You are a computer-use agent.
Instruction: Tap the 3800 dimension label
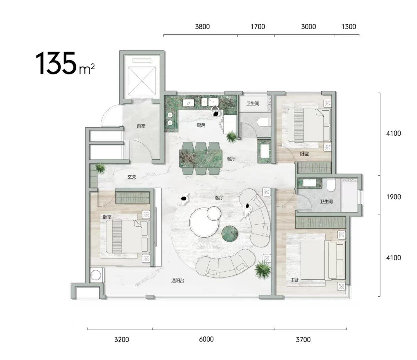pos(202,27)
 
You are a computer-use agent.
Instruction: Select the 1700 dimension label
pos(258,27)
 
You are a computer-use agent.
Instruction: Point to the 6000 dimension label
pos(206,339)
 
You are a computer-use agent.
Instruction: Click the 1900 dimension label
pos(393,197)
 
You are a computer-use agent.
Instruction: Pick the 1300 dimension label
pos(349,27)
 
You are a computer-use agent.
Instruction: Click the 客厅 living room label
pos(219,198)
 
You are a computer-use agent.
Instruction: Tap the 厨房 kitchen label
pos(201,125)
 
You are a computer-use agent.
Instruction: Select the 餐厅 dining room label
pos(231,159)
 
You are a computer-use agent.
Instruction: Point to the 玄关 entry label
pos(132,177)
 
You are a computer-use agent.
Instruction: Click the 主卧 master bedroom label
pos(295,280)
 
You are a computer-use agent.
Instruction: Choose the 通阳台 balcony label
pos(178,280)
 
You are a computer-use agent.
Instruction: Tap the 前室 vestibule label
pos(141,126)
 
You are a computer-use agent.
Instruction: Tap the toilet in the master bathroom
pos(331,185)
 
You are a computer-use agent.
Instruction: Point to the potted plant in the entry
pos(100,167)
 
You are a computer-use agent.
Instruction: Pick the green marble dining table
pos(201,158)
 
